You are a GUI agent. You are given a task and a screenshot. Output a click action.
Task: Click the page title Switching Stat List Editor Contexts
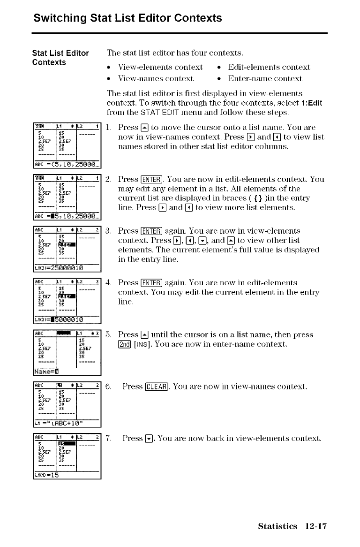click(127, 18)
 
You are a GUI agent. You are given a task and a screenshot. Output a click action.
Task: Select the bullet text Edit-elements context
click(269, 67)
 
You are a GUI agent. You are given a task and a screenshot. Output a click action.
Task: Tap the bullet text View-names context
click(156, 78)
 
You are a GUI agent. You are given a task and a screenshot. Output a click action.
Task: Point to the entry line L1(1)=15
click(47, 474)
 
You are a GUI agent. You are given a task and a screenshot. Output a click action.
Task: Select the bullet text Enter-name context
click(265, 78)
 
